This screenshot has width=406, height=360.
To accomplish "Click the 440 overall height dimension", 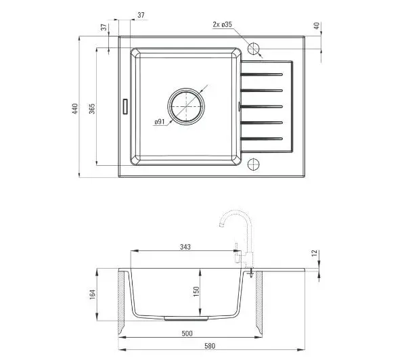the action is pos(75,109).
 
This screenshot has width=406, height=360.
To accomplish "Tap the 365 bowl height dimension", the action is pos(92,108).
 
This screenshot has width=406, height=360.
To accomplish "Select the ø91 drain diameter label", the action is pos(160,121).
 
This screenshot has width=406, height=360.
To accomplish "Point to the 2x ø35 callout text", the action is pos(222,24).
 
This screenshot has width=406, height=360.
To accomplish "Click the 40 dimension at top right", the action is pos(317,26).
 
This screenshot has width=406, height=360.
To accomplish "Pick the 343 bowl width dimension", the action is pos(185,247).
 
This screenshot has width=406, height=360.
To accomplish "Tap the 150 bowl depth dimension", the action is pos(196,292).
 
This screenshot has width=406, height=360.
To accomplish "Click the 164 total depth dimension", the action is pos(93,295).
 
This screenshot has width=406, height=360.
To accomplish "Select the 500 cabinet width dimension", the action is pos(187,334).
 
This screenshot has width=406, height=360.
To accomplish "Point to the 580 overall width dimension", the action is pos(210,346).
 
